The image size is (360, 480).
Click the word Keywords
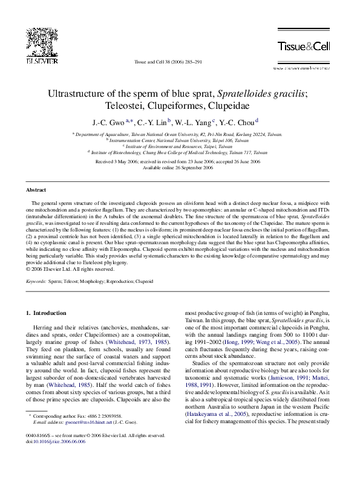pos(37,282)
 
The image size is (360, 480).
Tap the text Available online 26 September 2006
pos(178,167)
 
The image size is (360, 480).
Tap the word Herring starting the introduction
pos(42,326)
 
